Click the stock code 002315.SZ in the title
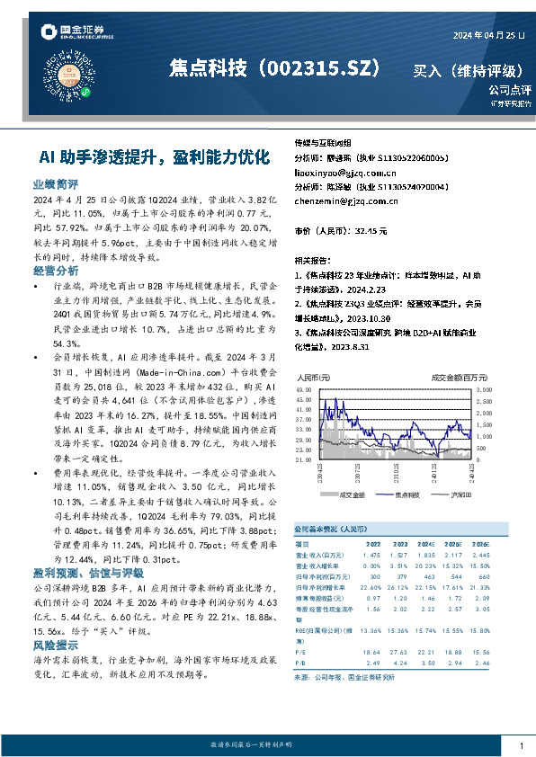click(x=320, y=70)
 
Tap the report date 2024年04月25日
click(x=489, y=35)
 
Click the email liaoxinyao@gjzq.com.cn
click(x=333, y=172)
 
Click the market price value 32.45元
click(x=371, y=231)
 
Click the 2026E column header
click(x=481, y=544)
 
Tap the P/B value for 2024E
click(x=427, y=662)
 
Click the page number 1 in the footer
click(x=522, y=745)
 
